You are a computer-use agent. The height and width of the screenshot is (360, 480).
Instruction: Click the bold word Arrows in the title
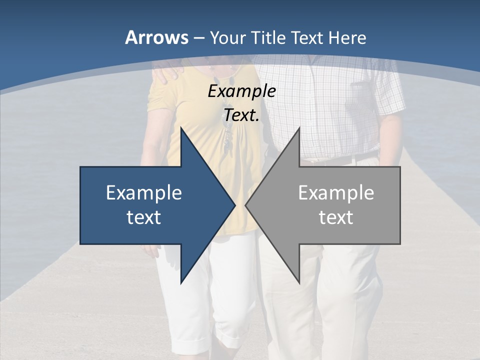click(x=156, y=38)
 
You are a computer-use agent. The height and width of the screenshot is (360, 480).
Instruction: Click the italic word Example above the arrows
click(x=241, y=91)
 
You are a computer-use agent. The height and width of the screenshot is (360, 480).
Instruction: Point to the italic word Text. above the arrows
click(x=241, y=115)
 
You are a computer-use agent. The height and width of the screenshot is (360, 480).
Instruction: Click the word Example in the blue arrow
click(x=144, y=192)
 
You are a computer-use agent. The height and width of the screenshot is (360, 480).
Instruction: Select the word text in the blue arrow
click(x=144, y=217)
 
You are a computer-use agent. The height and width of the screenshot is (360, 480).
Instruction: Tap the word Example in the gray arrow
click(x=336, y=192)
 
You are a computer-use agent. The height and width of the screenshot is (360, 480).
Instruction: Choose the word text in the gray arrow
click(x=336, y=217)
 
